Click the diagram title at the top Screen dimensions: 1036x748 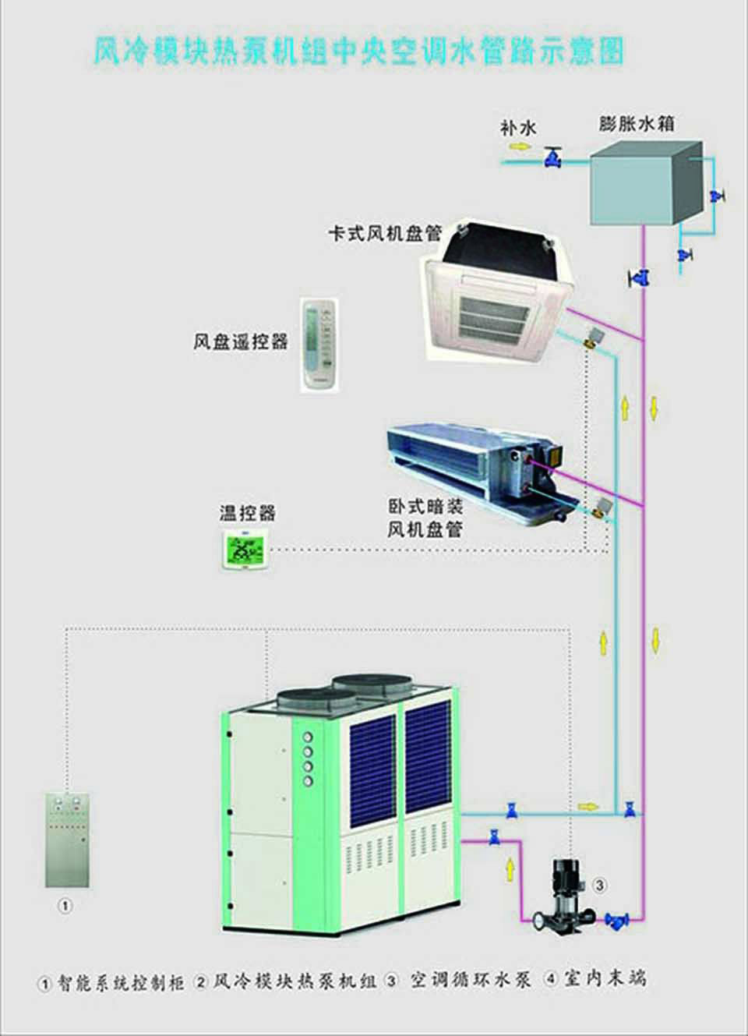pos(358,51)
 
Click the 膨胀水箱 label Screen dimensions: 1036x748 pos(637,123)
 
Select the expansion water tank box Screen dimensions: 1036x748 pos(643,183)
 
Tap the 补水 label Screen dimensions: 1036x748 pos(518,126)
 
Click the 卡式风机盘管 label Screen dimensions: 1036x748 pos(384,233)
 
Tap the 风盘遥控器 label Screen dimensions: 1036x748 pos(241,341)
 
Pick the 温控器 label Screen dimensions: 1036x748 pos(247,513)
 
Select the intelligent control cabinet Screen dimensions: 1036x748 pos(67,840)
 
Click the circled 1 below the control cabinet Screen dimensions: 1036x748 pos(66,906)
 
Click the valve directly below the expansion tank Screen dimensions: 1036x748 pos(640,277)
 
